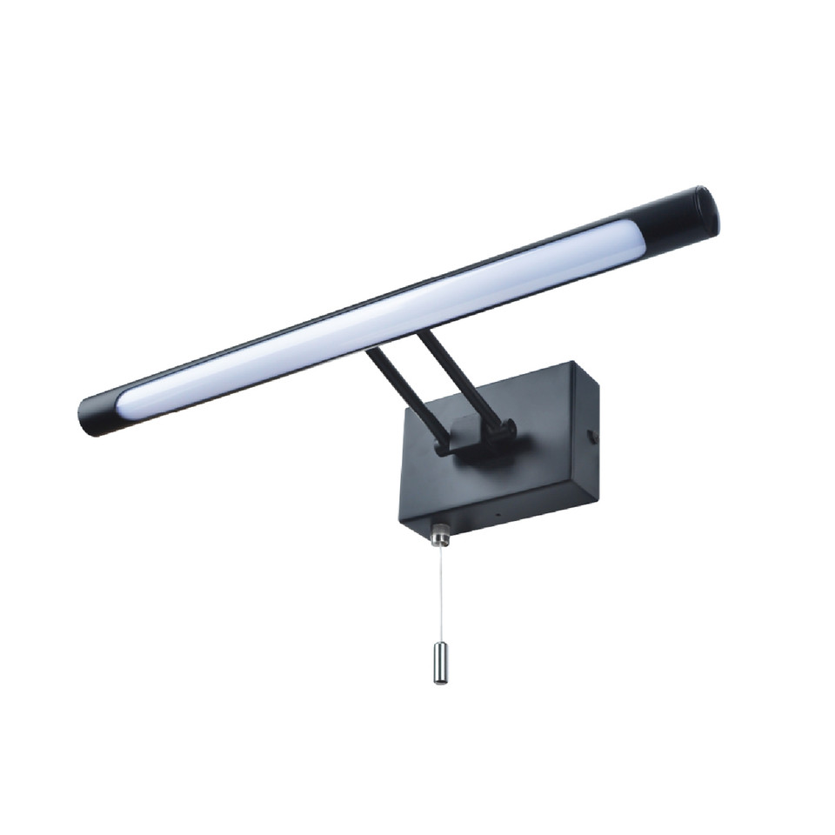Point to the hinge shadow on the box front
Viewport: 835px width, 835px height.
[x=470, y=461]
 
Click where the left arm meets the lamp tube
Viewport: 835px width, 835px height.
[x=372, y=351]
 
